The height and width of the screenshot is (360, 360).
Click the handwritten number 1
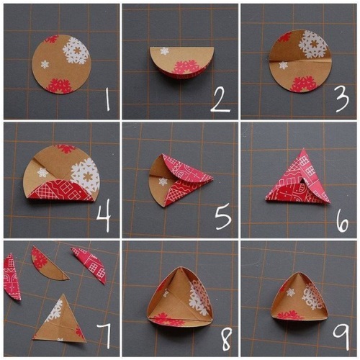click(x=108, y=99)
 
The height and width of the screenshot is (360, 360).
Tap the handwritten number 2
click(x=220, y=100)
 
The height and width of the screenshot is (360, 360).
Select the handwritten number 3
click(x=342, y=99)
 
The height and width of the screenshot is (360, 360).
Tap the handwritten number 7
click(x=104, y=336)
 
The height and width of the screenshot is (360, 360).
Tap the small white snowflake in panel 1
click(x=45, y=64)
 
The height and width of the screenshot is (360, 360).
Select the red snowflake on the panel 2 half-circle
click(x=186, y=67)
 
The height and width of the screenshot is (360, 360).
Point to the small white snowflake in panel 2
click(x=164, y=51)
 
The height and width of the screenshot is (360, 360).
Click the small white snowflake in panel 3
click(x=284, y=65)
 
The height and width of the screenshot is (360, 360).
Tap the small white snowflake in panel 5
click(x=163, y=181)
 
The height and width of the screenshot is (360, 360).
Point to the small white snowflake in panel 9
click(x=291, y=292)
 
